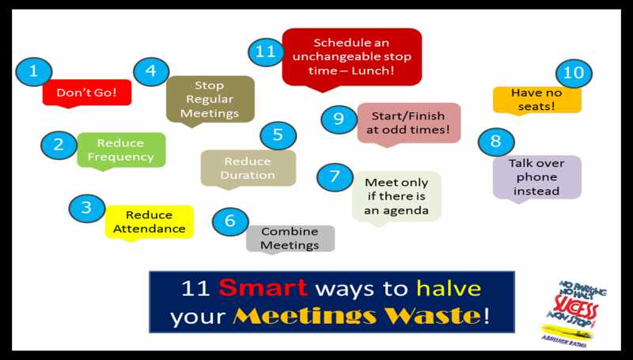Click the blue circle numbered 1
pyautogui.click(x=34, y=71)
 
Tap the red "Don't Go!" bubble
pyautogui.click(x=87, y=93)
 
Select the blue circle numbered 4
pyautogui.click(x=150, y=71)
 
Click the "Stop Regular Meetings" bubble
pyautogui.click(x=210, y=99)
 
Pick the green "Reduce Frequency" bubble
pyautogui.click(x=121, y=150)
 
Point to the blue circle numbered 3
pyautogui.click(x=87, y=208)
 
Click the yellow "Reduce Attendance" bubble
pyautogui.click(x=150, y=222)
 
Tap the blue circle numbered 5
pyautogui.click(x=278, y=135)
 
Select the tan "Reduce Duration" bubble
pyautogui.click(x=248, y=168)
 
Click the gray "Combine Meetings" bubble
pyautogui.click(x=290, y=238)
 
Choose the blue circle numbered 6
pyautogui.click(x=230, y=221)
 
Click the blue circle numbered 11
pyautogui.click(x=265, y=52)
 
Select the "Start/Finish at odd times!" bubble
pyautogui.click(x=408, y=123)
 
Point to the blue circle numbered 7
pyautogui.click(x=335, y=176)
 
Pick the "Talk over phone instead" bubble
pyautogui.click(x=536, y=176)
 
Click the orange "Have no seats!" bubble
pyautogui.click(x=537, y=99)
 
